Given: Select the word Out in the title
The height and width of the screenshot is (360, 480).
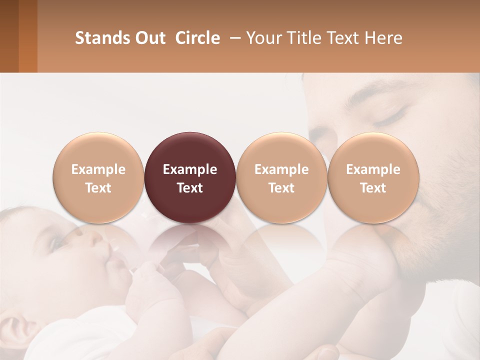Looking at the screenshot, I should coord(149,38).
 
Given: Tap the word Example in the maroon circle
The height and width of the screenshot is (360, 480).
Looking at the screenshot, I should coord(190,169).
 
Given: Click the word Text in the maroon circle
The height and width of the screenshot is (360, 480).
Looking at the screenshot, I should coord(190,188).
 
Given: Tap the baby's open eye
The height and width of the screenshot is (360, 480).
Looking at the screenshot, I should coord(56,243).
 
